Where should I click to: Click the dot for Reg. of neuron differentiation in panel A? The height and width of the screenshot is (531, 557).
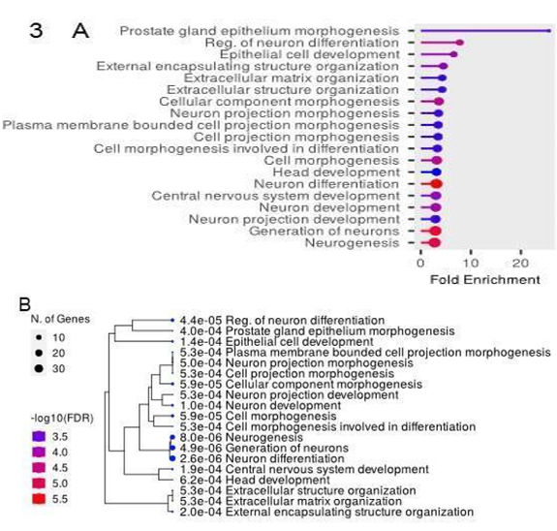460,43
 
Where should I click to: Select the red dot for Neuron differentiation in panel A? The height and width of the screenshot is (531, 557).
437,184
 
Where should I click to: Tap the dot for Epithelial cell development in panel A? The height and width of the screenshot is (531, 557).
453,54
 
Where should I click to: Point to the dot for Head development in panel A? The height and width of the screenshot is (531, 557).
437,172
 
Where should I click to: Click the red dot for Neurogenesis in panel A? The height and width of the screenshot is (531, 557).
435,243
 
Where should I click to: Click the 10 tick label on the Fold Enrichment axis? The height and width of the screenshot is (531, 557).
471,263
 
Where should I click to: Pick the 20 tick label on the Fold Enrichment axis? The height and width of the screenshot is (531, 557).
520,263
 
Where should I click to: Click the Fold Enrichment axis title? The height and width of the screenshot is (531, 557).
485,280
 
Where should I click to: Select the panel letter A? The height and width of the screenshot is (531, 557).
80,31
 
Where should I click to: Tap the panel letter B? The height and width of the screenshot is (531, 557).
25,304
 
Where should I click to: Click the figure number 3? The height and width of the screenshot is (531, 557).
36,31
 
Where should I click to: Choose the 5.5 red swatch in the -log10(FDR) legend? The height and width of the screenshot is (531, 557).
39,499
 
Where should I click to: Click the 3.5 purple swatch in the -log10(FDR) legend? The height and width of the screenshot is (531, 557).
39,436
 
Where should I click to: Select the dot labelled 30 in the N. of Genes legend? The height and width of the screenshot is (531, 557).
39,368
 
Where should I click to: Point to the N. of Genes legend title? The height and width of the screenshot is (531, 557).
60,319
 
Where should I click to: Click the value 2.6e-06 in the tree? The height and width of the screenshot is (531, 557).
201,458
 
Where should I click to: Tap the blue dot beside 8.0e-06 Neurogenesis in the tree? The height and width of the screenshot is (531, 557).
172,438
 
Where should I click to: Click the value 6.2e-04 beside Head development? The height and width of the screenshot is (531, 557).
201,480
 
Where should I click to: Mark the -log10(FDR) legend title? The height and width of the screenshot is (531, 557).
62,419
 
